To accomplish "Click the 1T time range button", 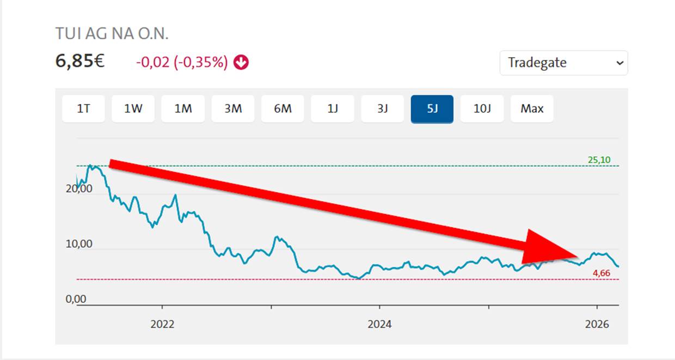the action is [83, 109].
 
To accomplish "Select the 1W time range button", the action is [133, 109].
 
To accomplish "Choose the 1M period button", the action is [183, 109].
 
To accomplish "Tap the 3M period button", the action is [233, 109].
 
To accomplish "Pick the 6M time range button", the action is [283, 109].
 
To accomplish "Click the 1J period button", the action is [333, 109].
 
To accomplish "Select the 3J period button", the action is [382, 109].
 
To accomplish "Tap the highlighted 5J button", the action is [432, 109].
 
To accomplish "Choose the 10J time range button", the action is [482, 109].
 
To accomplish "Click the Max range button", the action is [532, 109].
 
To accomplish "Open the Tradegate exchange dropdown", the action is [564, 63].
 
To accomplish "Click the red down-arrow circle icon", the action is [241, 63].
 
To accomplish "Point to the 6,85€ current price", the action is [80, 61].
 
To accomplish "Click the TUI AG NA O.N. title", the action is [112, 33].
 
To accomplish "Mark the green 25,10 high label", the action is [599, 160].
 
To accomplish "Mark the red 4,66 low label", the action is [601, 273].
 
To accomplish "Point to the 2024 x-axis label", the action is [379, 324].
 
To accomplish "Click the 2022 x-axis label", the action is [162, 324].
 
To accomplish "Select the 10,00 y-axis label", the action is [79, 244].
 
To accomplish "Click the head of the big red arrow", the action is [578, 257].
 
